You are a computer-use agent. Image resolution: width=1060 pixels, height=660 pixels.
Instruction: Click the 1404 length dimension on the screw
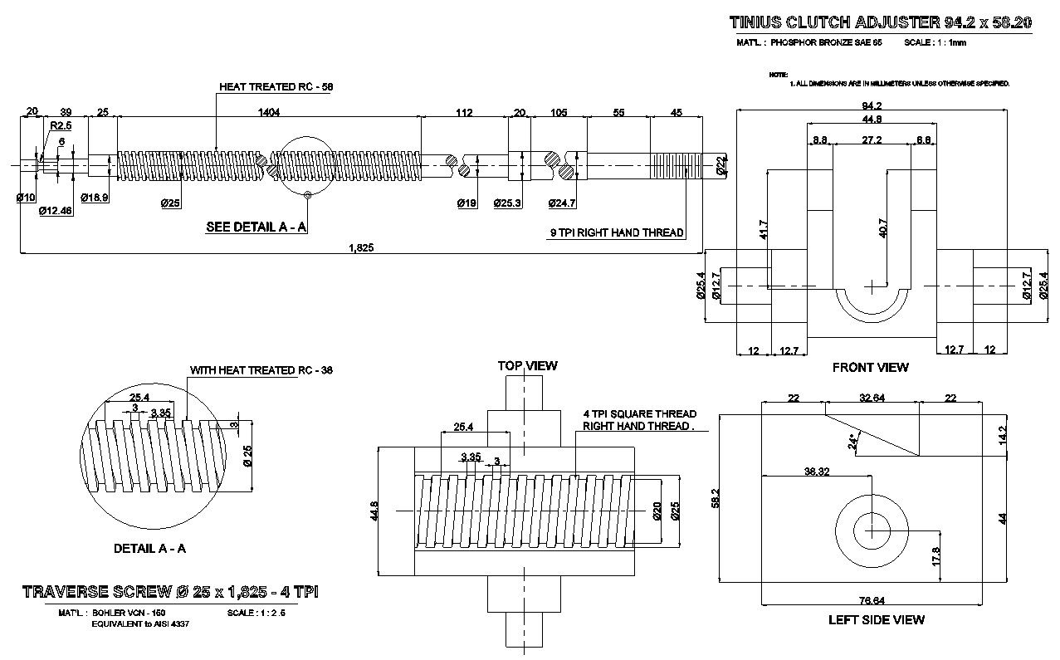pos(269,112)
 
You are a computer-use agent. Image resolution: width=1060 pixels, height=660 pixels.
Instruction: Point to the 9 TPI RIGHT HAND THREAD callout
pos(617,233)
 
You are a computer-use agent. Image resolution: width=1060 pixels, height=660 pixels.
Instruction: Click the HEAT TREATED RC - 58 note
pos(276,86)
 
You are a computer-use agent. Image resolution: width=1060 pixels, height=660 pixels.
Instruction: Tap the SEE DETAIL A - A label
pos(256,227)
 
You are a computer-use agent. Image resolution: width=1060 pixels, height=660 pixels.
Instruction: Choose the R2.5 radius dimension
pos(59,125)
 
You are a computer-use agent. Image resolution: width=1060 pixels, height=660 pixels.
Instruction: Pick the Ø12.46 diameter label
pos(56,211)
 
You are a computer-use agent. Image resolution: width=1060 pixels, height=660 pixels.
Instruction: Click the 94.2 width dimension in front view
pos(871,105)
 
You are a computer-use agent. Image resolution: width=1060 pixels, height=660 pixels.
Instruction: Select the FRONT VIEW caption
pos(870,367)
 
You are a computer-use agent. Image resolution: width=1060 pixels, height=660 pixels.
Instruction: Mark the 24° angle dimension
pos(853,441)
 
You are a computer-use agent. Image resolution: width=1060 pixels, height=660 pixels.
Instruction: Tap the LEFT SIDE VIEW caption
pos(876,619)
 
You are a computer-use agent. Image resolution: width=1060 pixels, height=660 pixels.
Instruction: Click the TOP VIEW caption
pos(527,365)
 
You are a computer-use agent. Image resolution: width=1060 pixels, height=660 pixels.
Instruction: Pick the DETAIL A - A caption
pos(149,549)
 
